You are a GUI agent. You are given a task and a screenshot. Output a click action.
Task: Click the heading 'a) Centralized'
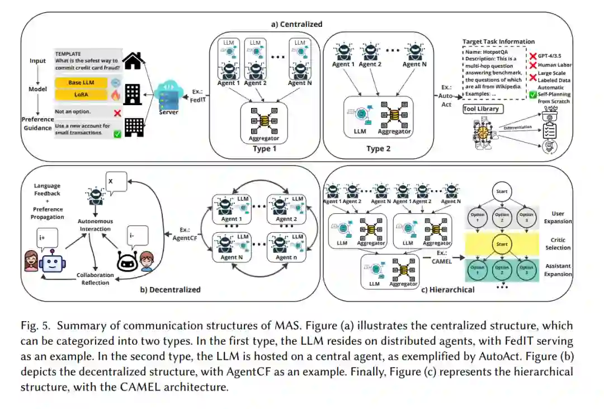(x=297, y=24)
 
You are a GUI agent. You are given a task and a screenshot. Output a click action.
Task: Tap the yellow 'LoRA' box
(x=82, y=95)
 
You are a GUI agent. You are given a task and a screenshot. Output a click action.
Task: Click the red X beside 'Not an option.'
(x=117, y=113)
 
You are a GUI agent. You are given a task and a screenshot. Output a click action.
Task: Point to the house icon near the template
(x=133, y=60)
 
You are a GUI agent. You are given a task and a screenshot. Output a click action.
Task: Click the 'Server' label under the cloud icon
(x=168, y=112)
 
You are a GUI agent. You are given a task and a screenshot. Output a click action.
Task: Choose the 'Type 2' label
(x=378, y=149)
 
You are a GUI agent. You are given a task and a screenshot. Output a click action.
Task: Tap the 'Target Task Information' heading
(x=498, y=41)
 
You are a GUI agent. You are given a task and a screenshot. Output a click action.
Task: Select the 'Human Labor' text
(x=555, y=65)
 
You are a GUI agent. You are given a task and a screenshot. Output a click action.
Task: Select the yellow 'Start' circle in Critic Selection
(x=502, y=244)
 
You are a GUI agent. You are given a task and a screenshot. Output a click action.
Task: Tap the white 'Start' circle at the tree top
(x=502, y=192)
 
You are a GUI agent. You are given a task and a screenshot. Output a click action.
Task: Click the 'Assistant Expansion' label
(x=558, y=270)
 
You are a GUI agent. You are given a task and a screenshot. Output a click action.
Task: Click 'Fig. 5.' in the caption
(x=35, y=326)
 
